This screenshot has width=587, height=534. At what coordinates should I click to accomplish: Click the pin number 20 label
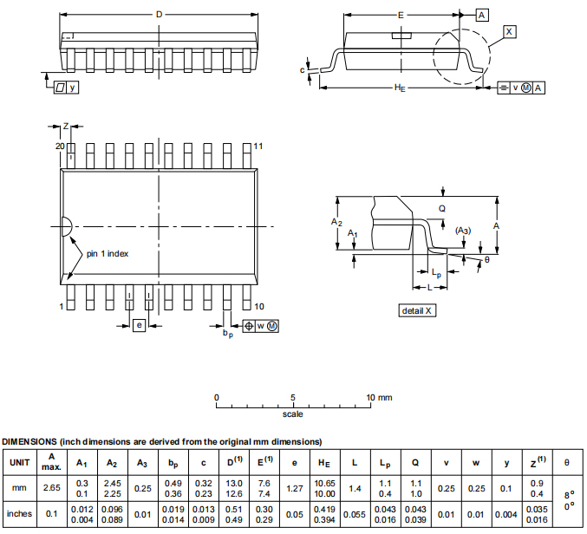coord(60,146)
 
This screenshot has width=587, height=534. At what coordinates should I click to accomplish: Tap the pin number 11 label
coord(258,146)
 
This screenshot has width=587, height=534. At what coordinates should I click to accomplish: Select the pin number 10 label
coord(259,306)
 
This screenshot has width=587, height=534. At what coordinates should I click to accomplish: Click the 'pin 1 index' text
coord(108,253)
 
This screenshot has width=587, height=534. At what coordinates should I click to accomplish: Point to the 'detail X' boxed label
coord(417,310)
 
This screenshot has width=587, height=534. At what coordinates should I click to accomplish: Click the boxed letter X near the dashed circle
coord(509,31)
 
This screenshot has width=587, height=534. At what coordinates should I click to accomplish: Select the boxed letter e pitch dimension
coord(139,325)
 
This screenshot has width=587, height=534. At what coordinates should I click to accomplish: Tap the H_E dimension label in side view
coord(401,88)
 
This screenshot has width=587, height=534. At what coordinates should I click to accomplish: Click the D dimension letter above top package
coord(159,14)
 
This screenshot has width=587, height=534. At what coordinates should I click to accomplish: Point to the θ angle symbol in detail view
coord(486,259)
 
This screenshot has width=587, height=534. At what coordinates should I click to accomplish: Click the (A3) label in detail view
coord(463,230)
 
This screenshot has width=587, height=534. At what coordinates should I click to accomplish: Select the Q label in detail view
coord(441,208)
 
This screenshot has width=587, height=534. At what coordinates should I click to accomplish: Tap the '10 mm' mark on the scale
coord(380,397)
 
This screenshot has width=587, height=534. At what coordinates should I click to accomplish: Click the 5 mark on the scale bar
coord(293,397)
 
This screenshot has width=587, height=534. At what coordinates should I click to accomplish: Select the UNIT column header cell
coord(19,462)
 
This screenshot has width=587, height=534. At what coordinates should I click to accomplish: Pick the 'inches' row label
coord(19,513)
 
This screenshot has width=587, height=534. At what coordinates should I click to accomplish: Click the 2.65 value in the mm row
coord(52,488)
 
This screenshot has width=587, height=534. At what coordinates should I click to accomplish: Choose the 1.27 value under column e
coord(294,488)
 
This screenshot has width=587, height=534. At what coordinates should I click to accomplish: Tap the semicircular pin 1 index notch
coord(65,227)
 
